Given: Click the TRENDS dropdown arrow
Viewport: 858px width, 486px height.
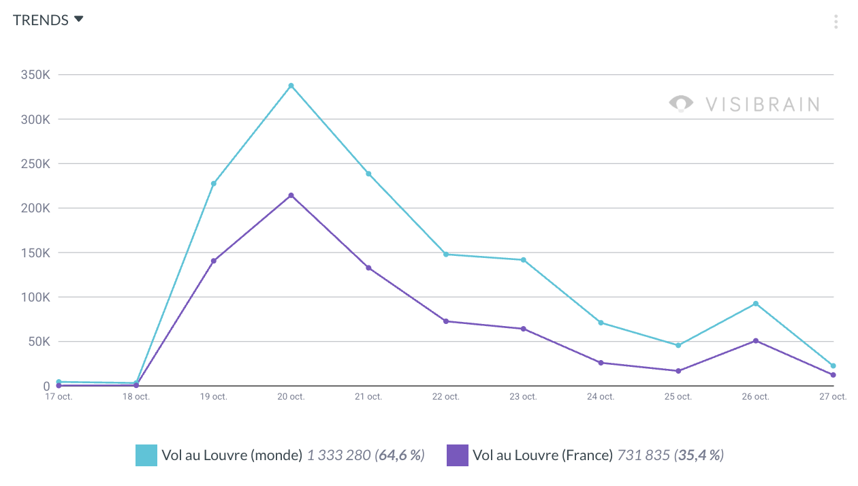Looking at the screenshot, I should [x=79, y=19].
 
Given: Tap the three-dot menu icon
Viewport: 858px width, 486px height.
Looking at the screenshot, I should [x=836, y=22].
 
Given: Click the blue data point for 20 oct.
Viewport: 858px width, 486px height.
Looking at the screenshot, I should [x=291, y=86].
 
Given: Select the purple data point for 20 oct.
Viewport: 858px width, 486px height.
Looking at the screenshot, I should [x=291, y=195].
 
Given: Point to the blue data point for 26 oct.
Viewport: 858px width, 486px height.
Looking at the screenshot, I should [x=756, y=304].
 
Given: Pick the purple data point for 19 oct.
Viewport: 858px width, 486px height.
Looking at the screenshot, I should [x=213, y=261].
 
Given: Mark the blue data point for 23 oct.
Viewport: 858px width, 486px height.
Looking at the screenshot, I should [x=524, y=260].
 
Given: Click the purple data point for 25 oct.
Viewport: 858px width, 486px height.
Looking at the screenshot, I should [x=678, y=371].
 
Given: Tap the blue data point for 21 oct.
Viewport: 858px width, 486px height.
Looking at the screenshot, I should [x=368, y=174].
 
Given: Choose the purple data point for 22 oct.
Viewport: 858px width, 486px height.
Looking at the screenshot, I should [x=446, y=321].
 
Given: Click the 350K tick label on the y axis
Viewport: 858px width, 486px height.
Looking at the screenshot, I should [x=35, y=75].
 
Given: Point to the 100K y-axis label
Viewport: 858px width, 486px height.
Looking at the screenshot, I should [x=35, y=297].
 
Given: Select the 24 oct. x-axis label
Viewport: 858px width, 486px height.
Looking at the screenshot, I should [x=601, y=397].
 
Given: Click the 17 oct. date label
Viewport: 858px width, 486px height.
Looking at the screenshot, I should [x=59, y=397].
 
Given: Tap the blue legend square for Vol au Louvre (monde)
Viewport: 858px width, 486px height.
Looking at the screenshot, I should [x=146, y=455].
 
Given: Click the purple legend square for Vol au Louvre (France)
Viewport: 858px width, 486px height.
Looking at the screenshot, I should [x=458, y=455].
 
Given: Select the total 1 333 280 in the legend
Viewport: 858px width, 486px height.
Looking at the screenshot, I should [x=338, y=455].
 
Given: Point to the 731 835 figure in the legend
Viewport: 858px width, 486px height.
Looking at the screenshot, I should [x=643, y=455].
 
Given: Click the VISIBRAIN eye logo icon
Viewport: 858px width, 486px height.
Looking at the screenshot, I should [x=681, y=103].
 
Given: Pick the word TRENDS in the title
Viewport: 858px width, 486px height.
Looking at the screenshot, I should [x=41, y=20].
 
